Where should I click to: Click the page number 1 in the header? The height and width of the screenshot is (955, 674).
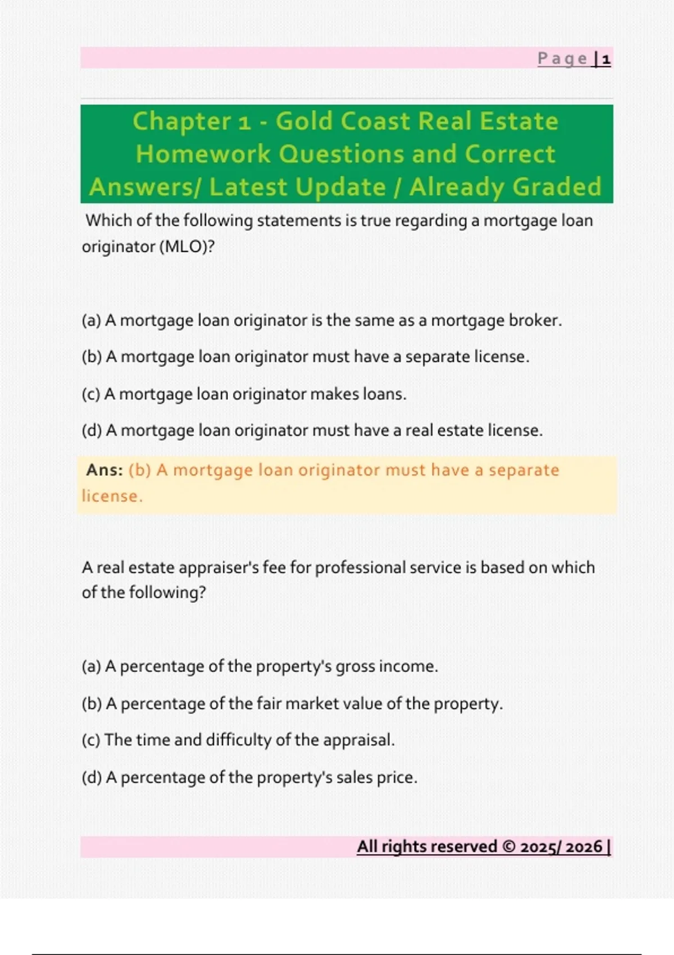click(x=606, y=59)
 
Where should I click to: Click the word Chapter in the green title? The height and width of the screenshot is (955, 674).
click(x=181, y=121)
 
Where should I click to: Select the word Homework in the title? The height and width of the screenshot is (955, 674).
click(x=203, y=154)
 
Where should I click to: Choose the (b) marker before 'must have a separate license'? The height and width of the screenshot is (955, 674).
click(x=92, y=357)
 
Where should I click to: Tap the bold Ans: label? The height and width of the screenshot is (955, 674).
click(x=104, y=470)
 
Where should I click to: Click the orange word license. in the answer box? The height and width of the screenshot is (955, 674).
click(x=112, y=496)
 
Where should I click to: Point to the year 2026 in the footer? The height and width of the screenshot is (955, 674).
click(x=584, y=847)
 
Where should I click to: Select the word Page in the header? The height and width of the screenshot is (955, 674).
click(x=562, y=59)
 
